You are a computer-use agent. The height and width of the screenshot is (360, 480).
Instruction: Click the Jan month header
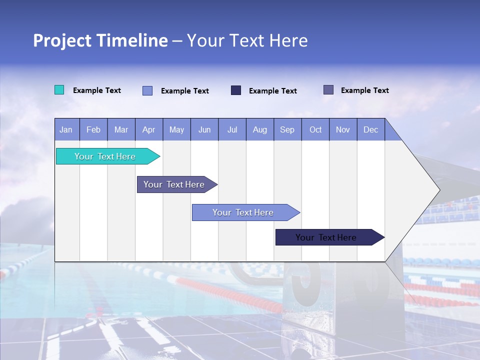tap(66, 130)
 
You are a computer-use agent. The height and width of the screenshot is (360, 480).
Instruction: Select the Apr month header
tap(149, 130)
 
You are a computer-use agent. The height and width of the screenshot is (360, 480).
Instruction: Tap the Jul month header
tap(232, 130)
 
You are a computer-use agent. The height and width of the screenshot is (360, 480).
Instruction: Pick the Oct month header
tap(315, 130)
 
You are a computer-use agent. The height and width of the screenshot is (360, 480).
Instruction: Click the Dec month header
tap(370, 130)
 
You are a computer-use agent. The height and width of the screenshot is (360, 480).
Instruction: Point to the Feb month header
tap(93, 130)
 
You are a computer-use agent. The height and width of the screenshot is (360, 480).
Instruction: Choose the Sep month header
tap(287, 130)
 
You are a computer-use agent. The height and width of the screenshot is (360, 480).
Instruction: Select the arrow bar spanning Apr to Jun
tap(177, 184)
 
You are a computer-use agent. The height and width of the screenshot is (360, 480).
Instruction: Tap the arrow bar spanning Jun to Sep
tap(246, 212)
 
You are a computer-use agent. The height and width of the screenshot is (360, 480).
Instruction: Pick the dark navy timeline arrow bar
tap(330, 237)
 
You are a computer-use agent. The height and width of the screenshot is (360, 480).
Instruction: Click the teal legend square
tap(59, 90)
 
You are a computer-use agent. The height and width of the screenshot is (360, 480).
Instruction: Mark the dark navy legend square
tap(235, 90)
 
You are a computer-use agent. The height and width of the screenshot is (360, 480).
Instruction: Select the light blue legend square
tap(147, 90)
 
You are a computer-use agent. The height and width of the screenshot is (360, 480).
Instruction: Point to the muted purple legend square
tap(328, 89)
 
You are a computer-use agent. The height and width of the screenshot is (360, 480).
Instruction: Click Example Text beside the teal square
tap(97, 90)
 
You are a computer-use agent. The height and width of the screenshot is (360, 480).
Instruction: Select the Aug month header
tap(260, 130)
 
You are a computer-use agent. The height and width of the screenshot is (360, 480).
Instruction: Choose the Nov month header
tap(343, 130)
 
